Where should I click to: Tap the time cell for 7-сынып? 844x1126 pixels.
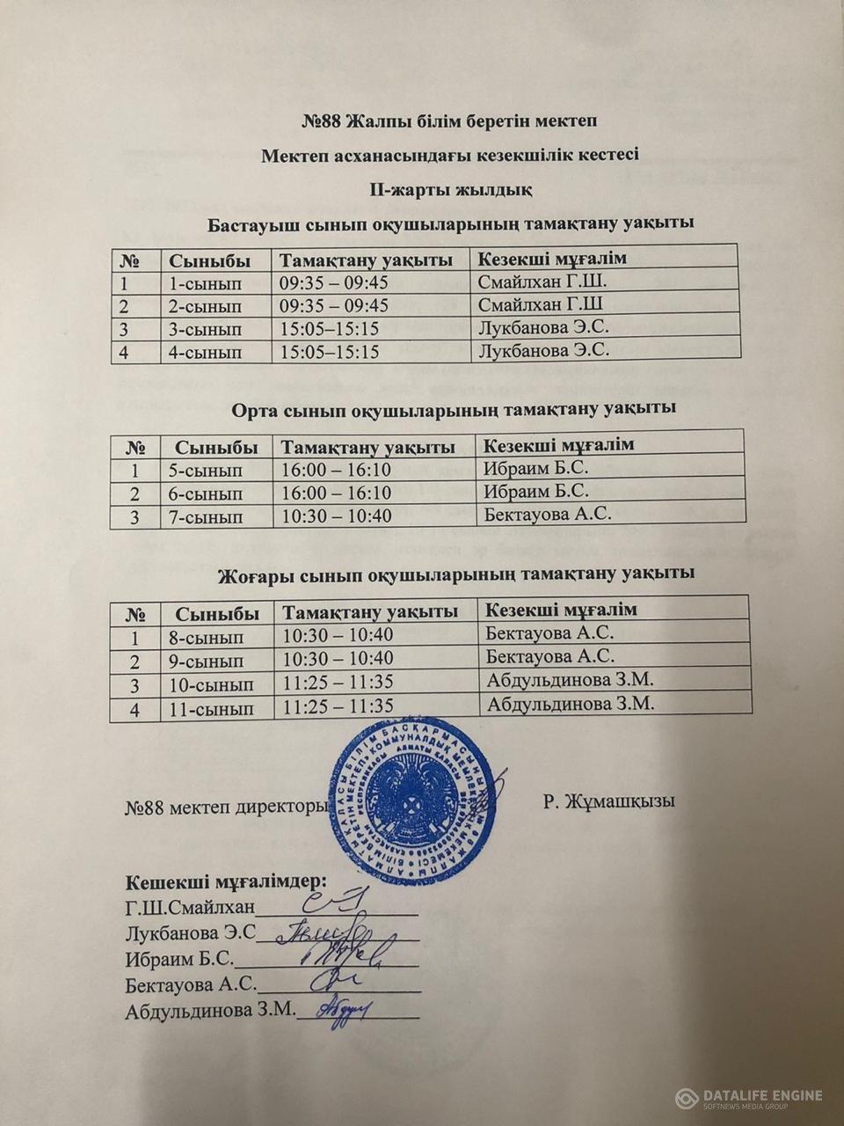336,516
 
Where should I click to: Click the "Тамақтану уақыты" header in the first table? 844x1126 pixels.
366,260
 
